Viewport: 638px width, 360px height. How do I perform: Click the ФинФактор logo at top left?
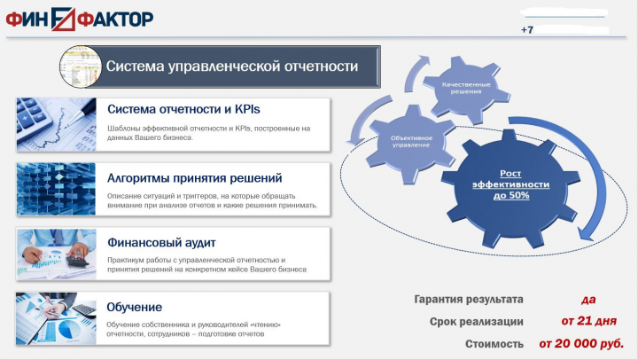[80, 18]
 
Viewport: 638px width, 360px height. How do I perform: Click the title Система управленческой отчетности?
[232, 67]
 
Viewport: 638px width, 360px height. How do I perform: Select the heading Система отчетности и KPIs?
[184, 110]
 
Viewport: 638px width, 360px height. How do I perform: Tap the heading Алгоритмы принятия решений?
[194, 177]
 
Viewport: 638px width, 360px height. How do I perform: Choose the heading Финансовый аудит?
[161, 241]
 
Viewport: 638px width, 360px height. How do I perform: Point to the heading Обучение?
[134, 307]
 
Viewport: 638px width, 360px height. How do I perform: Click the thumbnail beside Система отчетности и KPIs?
[56, 124]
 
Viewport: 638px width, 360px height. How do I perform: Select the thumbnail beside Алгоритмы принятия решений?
[56, 189]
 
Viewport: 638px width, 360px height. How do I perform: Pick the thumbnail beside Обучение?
[56, 317]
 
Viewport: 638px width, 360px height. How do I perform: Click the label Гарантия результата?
[469, 300]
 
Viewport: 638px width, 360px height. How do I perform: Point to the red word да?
[587, 300]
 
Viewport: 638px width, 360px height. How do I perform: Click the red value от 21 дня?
[587, 321]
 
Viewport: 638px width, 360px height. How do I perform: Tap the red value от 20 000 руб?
[580, 342]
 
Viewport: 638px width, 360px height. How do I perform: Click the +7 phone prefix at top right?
[528, 30]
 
